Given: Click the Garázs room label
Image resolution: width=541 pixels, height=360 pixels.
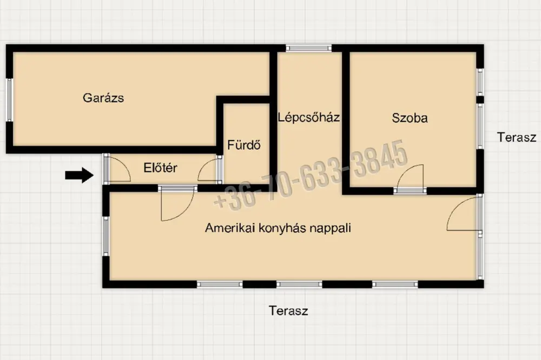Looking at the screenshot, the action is (103, 98).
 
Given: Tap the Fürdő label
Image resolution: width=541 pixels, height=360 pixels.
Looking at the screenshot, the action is (244, 145).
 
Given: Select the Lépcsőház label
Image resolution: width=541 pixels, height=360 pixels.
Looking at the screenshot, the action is (309, 118).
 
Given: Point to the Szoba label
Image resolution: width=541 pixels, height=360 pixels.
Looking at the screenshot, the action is (410, 118).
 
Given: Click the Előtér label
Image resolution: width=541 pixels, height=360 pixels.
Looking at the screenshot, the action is (160, 168).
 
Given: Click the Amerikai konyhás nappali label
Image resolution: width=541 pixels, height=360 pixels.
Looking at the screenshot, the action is (278, 228).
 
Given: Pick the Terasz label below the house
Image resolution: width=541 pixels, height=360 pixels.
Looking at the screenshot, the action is (288, 311).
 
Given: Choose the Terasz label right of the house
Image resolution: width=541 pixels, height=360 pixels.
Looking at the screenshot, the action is (517, 137).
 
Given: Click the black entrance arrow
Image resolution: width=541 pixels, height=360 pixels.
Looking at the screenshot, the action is (80, 175).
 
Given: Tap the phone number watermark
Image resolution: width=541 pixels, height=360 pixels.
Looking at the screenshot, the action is (311, 174).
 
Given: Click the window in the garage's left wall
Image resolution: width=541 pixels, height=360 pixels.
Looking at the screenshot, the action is (9, 100).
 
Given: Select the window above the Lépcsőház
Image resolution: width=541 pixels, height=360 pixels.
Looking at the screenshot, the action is (308, 48).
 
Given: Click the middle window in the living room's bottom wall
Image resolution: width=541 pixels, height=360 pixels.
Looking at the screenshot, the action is (299, 284).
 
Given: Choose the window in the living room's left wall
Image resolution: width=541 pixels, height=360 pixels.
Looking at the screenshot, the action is (106, 236).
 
